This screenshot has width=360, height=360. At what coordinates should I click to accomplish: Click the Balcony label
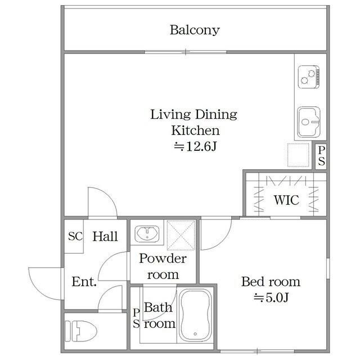coord(195,30)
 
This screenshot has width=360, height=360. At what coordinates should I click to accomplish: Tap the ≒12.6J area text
coord(195,146)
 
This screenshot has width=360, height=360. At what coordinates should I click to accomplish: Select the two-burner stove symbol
coord(309,77)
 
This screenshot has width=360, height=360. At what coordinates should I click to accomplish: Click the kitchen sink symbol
coord(309,122)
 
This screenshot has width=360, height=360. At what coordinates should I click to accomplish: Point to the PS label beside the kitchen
coord(321,156)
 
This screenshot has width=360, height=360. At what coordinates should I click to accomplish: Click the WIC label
coord(286,200)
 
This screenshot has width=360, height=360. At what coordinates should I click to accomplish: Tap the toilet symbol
coord(80,331)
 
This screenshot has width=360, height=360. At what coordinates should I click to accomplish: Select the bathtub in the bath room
coord(195,315)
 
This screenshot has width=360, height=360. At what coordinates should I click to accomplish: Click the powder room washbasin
coord(147,234)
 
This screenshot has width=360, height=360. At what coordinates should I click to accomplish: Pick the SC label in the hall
coord(75,236)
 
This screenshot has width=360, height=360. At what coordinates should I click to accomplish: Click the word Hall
coord(105,236)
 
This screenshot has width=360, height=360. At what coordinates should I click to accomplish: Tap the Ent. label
coord(84,282)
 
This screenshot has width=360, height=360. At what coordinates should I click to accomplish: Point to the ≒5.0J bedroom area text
coord(271,298)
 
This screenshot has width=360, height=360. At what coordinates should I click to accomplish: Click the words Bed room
coord(271,282)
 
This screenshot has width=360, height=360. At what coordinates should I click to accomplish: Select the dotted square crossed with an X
coord(181,235)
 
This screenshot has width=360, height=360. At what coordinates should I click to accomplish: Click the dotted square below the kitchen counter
coord(298,155)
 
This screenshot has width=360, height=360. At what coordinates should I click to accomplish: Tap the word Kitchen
coord(195,130)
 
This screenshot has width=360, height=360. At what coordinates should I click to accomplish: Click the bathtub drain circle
coord(195,334)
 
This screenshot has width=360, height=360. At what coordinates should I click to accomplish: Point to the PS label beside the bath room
coord(136,318)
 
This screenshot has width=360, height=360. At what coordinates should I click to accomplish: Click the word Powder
coord(163,259)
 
